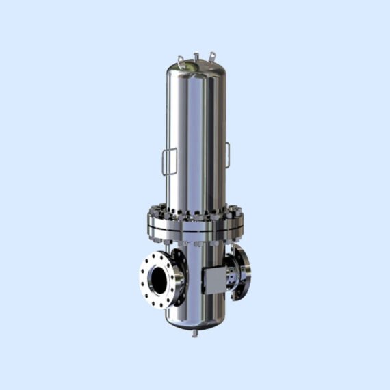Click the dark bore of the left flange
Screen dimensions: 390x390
pyautogui.click(x=158, y=278)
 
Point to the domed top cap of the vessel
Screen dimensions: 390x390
pyautogui.click(x=196, y=68)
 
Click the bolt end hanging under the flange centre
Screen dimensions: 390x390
pyautogui.click(x=196, y=242)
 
